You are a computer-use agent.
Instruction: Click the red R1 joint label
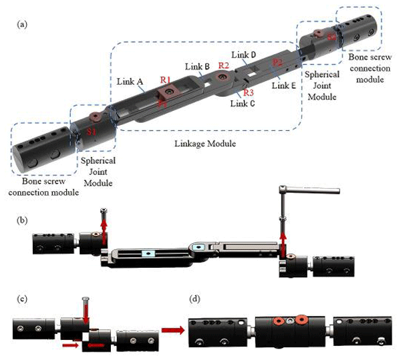pos(165,79)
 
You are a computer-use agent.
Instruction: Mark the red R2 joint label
pos(223,65)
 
